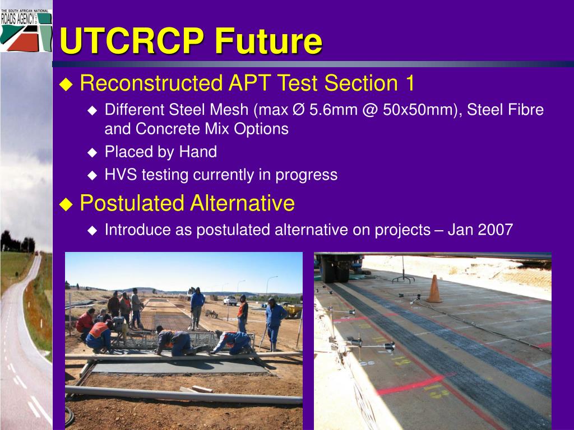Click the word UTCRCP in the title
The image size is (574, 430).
132,40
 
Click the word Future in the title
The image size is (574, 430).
269,40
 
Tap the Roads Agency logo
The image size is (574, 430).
26,30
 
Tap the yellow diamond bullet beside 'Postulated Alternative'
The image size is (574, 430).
66,204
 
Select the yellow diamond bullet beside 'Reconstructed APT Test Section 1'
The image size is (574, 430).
66,84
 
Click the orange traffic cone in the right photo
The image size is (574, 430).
434,289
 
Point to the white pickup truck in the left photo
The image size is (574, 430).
230,301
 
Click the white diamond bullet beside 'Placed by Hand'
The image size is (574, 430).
92,152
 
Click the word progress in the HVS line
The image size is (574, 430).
307,175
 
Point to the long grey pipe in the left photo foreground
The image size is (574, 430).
184,395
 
